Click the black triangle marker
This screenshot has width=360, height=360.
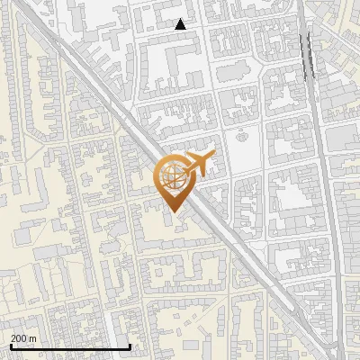click(180, 24)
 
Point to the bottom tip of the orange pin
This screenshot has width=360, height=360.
click(172, 212)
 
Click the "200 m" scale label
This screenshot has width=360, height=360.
click(23, 338)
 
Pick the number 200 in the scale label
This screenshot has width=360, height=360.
click(19, 338)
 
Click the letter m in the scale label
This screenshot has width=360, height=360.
click(32, 338)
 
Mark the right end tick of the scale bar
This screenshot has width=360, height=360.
click(130, 346)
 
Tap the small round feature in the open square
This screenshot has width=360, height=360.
click(240, 138)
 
